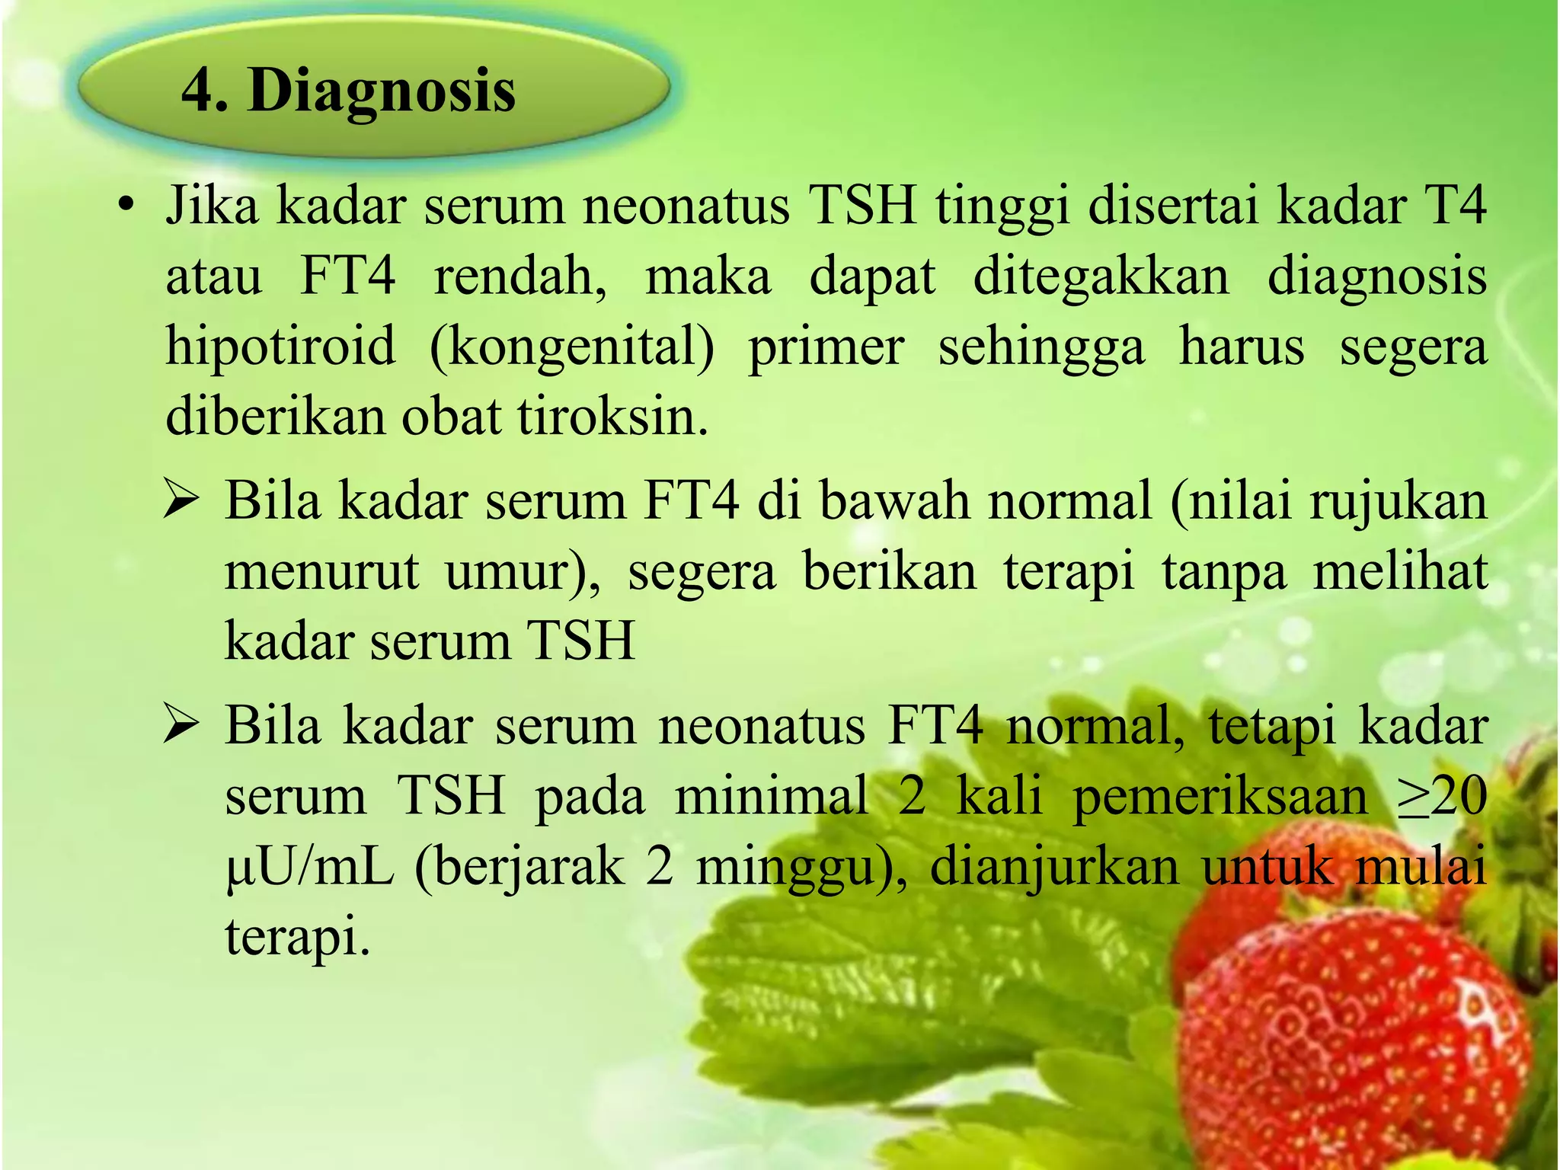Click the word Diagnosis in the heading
click(x=381, y=91)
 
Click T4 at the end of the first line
click(x=1454, y=206)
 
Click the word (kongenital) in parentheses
click(x=571, y=347)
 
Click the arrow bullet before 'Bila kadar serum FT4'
click(x=181, y=503)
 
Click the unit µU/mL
click(x=309, y=868)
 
